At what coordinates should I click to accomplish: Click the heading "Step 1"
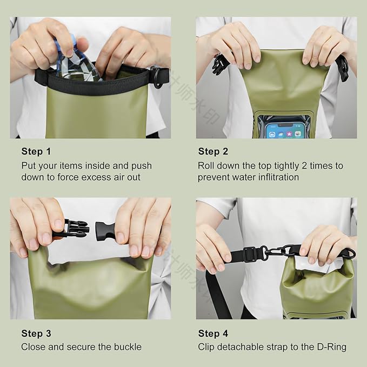(x=36, y=151)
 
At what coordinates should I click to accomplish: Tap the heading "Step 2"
(x=213, y=151)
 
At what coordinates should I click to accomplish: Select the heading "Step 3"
(x=36, y=333)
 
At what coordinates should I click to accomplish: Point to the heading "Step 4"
(x=213, y=333)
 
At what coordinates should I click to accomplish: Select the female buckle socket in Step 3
(x=111, y=230)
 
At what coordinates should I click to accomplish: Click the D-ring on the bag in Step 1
(x=158, y=76)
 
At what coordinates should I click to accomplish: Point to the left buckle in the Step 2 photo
(x=219, y=64)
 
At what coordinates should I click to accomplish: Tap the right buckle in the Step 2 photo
(x=342, y=68)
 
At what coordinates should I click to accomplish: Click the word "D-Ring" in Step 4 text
(x=331, y=347)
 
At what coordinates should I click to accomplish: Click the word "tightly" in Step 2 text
(x=283, y=165)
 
